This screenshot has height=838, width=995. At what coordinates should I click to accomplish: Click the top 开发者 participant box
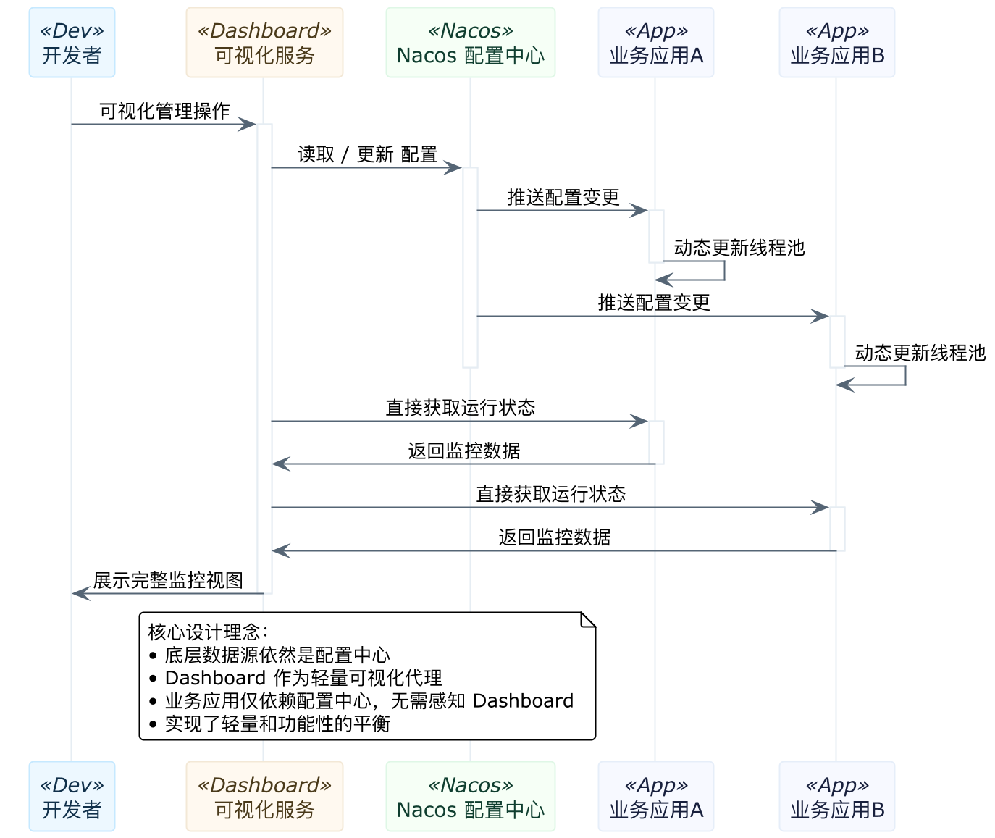[x=72, y=43]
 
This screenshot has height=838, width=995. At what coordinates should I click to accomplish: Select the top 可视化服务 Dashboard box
[x=264, y=43]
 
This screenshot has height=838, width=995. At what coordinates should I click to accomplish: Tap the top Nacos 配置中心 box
[x=470, y=43]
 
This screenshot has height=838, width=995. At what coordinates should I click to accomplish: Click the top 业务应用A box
[x=655, y=43]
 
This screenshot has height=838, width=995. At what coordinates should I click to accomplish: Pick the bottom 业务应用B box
[x=836, y=796]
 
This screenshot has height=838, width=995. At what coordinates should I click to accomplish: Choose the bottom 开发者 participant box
[x=72, y=796]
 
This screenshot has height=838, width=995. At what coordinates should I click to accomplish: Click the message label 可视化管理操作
[x=164, y=111]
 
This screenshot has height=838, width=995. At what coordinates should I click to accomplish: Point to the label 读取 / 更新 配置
[x=367, y=154]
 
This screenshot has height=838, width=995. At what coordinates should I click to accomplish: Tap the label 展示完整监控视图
[x=168, y=580]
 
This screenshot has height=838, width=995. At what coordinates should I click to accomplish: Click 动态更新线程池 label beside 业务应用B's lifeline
[x=920, y=353]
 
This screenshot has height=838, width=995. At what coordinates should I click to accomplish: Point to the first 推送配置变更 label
[x=563, y=197]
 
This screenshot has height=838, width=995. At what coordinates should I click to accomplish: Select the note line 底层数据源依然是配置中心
[x=277, y=655]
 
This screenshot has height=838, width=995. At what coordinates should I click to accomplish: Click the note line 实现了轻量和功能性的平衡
[x=277, y=724]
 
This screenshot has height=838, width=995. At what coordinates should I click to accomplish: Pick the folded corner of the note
[x=588, y=620]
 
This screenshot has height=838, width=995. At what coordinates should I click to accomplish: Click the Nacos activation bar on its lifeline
[x=470, y=268]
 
